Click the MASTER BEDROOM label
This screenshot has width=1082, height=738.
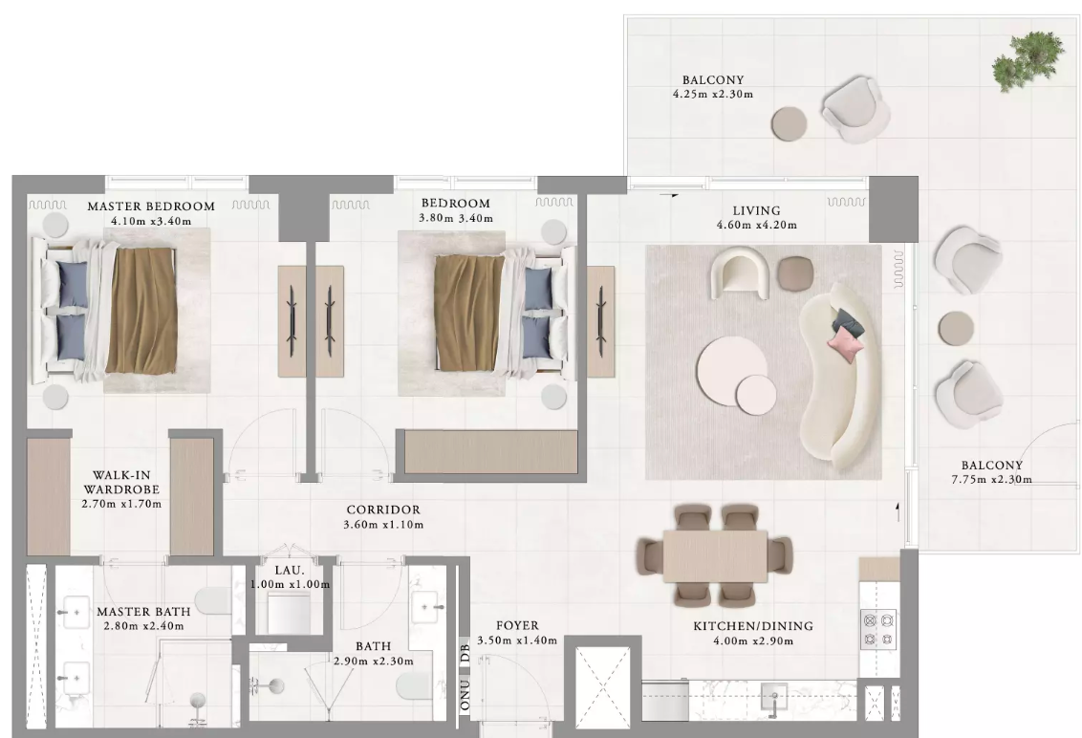(151, 206)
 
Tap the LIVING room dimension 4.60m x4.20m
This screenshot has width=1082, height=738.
(756, 225)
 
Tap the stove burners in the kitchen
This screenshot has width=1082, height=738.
(877, 630)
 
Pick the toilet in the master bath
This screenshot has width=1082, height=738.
(215, 600)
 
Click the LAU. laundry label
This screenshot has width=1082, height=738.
(289, 571)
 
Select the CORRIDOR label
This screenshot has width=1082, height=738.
(383, 510)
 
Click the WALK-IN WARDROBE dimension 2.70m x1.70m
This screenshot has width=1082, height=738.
(121, 503)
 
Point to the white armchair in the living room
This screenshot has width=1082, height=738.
(741, 274)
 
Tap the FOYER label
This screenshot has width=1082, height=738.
(517, 625)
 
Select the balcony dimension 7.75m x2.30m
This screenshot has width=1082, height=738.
(991, 479)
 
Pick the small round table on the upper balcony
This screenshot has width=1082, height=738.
(789, 123)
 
